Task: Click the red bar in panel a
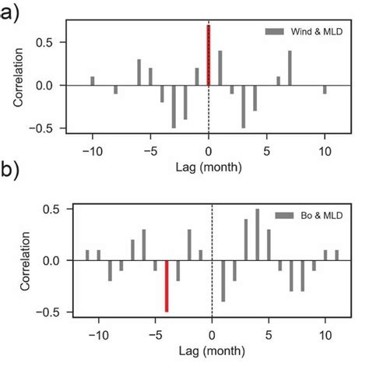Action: [x=209, y=55]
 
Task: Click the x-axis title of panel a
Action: [x=209, y=166]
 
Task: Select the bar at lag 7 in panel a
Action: [x=290, y=68]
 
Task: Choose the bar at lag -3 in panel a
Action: [x=174, y=106]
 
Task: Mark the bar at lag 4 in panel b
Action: [x=258, y=234]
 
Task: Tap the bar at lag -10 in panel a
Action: [x=93, y=81]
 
